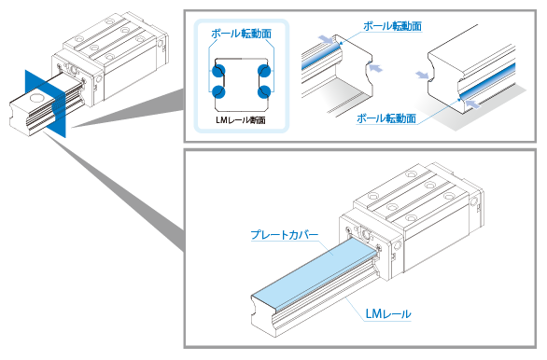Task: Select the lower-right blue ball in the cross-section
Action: (x=264, y=91)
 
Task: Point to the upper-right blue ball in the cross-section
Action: (x=264, y=69)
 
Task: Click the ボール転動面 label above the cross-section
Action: (x=240, y=33)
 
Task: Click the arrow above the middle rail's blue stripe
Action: (x=324, y=39)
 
